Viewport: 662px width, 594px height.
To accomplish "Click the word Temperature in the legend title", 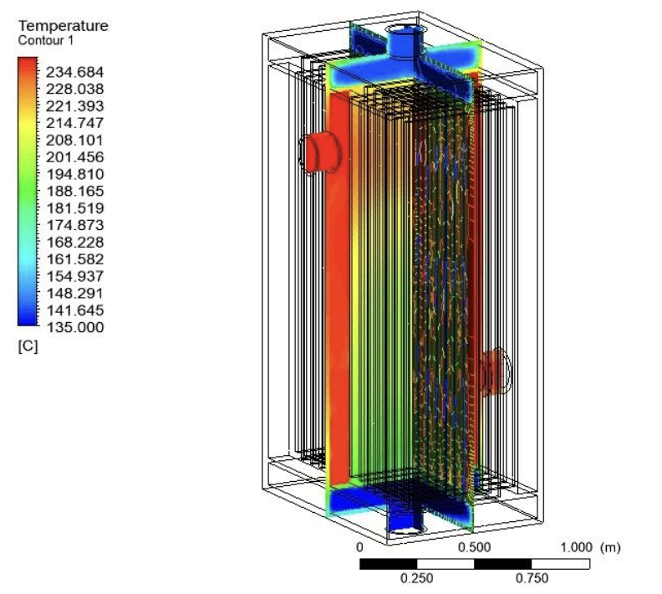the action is pos(64,26).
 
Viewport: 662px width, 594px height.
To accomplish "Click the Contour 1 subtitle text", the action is pos(46,40).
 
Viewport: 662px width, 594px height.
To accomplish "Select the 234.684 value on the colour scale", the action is pos(74,72).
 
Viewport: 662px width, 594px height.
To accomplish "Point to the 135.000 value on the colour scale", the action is pos(74,327).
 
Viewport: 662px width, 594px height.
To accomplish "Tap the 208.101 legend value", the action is pos(74,141).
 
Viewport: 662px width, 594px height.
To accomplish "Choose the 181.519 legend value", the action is pos(74,208).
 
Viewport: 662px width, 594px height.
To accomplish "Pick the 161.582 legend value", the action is pos(74,259).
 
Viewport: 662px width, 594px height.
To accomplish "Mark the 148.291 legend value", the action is pos(74,293).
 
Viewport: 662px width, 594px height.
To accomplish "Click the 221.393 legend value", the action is pos(74,106).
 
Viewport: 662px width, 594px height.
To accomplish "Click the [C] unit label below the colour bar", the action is pos(28,346).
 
